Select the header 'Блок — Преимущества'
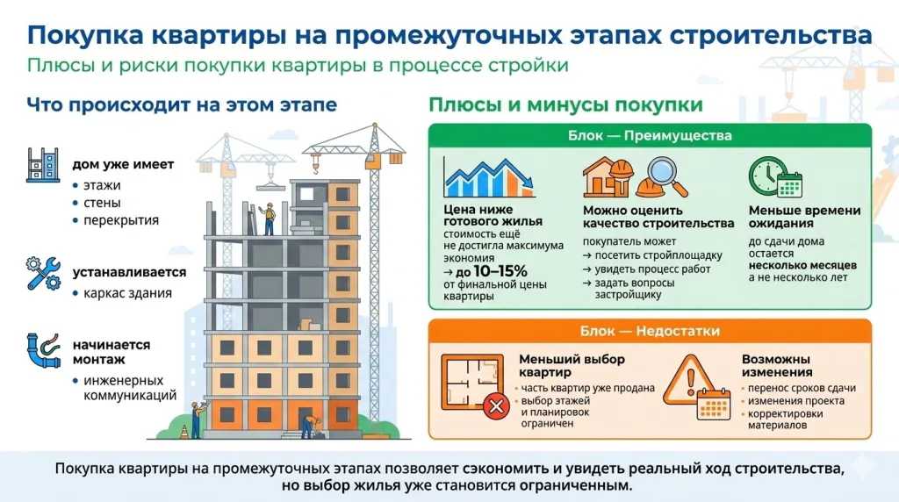click(650, 136)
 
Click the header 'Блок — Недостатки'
click(650, 331)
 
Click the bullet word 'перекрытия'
click(121, 220)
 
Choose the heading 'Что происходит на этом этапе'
click(182, 105)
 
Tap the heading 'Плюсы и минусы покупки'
click(565, 105)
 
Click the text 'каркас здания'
click(127, 293)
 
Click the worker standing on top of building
click(270, 217)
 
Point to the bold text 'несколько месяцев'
click(802, 263)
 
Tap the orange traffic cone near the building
click(183, 432)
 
